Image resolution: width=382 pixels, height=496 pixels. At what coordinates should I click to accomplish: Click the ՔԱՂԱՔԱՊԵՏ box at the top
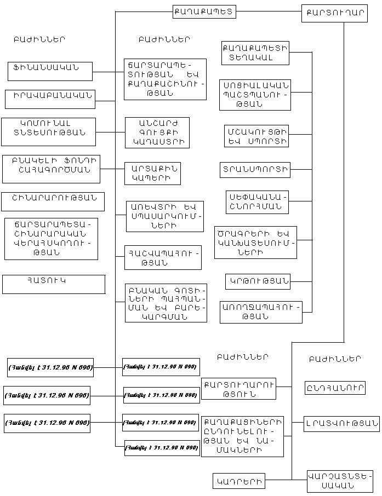[x=204, y=11]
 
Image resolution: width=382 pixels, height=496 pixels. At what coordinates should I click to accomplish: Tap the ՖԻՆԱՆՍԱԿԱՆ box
[x=50, y=71]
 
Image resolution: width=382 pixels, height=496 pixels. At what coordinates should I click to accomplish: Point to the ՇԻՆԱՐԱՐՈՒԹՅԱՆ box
[x=53, y=201]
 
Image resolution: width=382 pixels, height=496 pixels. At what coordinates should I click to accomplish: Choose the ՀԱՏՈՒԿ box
[x=54, y=284]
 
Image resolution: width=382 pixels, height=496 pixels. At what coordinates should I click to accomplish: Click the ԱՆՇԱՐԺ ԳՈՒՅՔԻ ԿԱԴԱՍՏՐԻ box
[x=157, y=132]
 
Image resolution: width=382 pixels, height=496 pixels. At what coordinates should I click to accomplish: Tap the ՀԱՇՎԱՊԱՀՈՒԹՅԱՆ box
[x=163, y=257]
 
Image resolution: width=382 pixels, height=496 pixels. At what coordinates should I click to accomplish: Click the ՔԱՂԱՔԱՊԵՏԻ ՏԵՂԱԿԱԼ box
[x=255, y=53]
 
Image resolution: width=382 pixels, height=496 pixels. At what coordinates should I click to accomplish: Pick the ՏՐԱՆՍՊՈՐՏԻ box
[x=254, y=170]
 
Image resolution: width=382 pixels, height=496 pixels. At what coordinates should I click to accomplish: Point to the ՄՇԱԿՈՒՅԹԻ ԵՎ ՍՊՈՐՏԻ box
[x=256, y=136]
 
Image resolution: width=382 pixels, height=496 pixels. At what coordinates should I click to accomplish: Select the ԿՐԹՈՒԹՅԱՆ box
[x=258, y=281]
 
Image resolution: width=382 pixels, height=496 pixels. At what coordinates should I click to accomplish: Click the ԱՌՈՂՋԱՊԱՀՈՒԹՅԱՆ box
[x=261, y=312]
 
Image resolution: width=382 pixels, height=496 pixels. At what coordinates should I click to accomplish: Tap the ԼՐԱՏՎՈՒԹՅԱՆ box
[x=341, y=423]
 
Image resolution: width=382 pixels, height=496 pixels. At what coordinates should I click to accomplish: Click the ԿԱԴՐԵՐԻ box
[x=238, y=481]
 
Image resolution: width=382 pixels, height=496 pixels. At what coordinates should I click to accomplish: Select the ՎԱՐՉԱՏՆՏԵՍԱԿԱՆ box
[x=339, y=481]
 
